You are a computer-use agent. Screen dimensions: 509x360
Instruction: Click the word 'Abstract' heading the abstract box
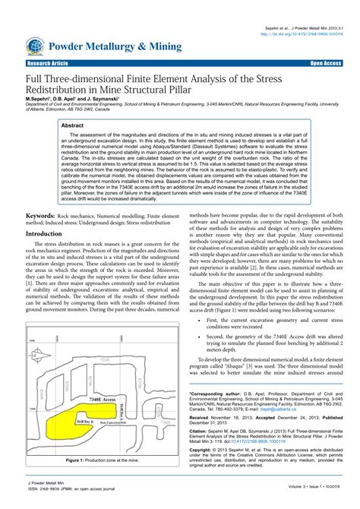point(72,125)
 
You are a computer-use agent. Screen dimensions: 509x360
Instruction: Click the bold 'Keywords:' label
point(45,217)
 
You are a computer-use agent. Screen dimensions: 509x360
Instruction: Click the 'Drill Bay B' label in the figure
point(85,419)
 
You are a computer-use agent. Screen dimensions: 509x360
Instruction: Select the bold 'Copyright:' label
point(204,450)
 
